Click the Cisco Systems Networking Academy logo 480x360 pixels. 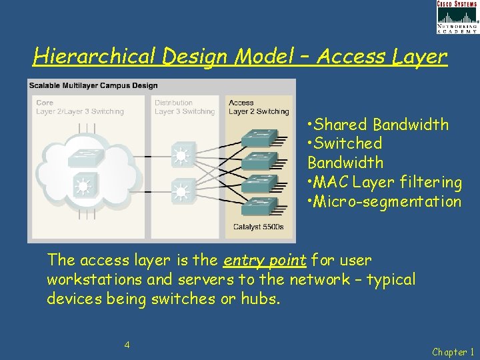(x=457, y=17)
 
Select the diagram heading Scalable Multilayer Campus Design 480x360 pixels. (x=93, y=85)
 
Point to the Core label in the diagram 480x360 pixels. (x=45, y=103)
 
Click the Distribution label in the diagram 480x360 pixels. (x=173, y=103)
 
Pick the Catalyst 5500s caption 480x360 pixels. (x=258, y=227)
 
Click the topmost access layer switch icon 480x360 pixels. (x=258, y=137)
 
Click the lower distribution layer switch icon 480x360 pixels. (x=181, y=192)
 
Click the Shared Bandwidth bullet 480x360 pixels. (x=377, y=125)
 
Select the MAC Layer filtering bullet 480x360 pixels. (x=384, y=182)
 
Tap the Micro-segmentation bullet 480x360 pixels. (x=384, y=201)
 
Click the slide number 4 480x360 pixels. (x=127, y=345)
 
